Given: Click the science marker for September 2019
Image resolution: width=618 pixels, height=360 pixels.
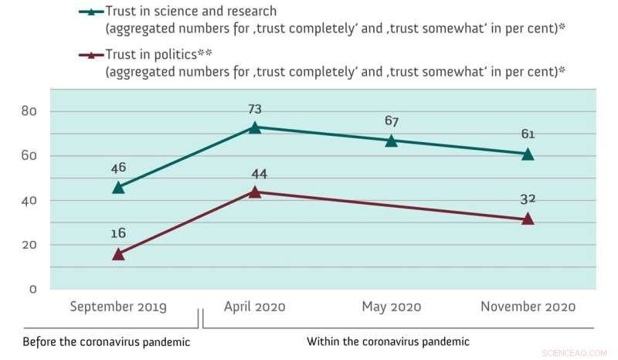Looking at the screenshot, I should pyautogui.click(x=118, y=187).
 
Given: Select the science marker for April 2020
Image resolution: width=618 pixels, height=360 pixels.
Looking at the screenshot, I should pyautogui.click(x=255, y=127).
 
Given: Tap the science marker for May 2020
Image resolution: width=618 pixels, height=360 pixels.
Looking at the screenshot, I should pyautogui.click(x=392, y=141).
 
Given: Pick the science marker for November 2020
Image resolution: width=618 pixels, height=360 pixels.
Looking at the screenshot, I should pyautogui.click(x=528, y=154).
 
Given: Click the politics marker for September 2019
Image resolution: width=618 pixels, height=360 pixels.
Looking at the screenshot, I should pyautogui.click(x=118, y=253).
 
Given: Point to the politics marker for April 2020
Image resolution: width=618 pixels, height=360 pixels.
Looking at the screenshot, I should pyautogui.click(x=255, y=192).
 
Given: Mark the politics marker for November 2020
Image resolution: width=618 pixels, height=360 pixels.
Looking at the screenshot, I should pyautogui.click(x=528, y=219).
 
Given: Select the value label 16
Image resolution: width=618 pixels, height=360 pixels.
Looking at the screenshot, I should pyautogui.click(x=118, y=231).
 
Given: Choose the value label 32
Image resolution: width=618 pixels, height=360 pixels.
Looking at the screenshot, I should pyautogui.click(x=528, y=199).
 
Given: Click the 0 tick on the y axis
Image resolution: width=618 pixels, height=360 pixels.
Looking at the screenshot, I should pyautogui.click(x=32, y=289).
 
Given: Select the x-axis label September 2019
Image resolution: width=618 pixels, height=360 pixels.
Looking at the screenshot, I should pyautogui.click(x=118, y=307).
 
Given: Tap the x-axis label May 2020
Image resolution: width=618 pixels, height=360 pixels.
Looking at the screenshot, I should pyautogui.click(x=392, y=307).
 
